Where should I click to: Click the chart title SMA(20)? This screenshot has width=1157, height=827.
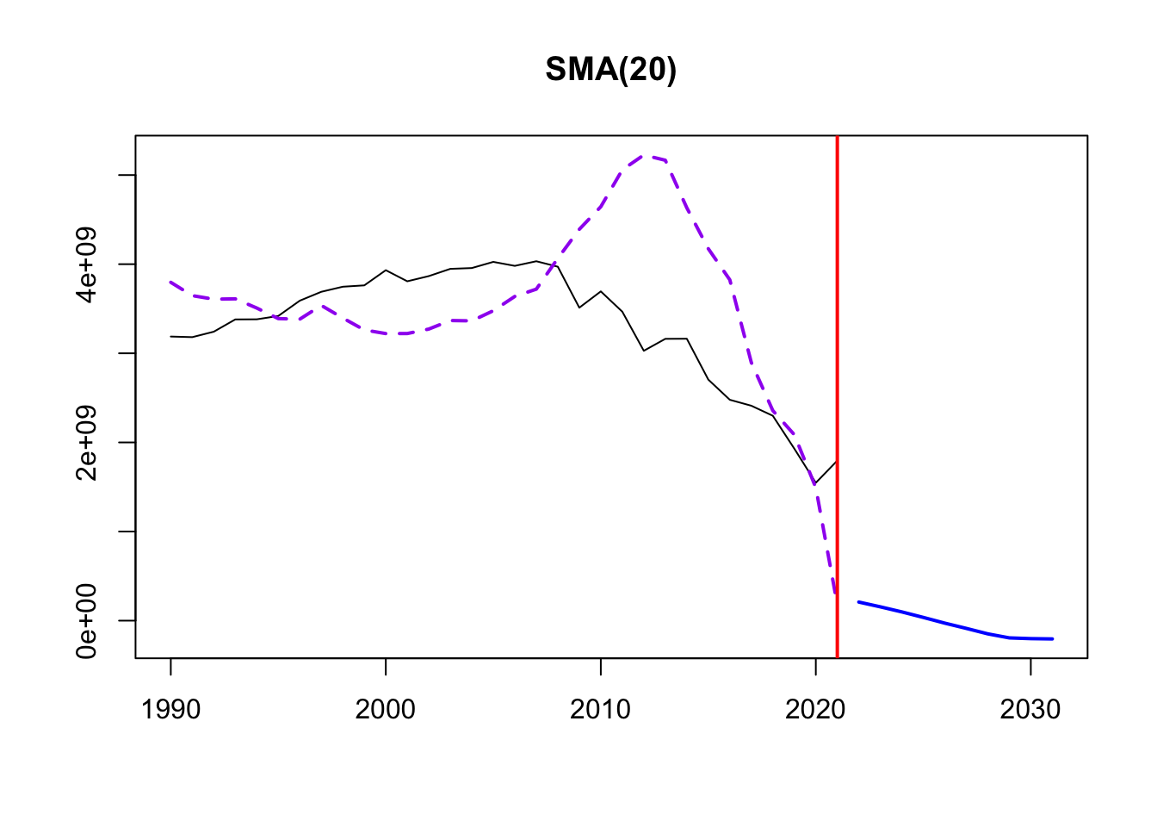(610, 70)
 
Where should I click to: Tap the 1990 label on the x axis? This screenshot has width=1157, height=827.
(170, 709)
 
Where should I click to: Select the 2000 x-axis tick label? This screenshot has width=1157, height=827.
(386, 709)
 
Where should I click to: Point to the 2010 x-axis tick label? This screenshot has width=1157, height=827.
(600, 709)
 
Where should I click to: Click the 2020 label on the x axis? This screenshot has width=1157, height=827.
(815, 709)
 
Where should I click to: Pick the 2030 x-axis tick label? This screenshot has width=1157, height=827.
(1030, 709)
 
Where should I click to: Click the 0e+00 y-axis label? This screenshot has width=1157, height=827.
(87, 620)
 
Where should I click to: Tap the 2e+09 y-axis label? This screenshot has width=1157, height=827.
(87, 442)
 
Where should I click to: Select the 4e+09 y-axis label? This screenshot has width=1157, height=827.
(87, 264)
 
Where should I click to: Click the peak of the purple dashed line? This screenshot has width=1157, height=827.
(644, 156)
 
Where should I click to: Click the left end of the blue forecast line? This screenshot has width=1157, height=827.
(858, 602)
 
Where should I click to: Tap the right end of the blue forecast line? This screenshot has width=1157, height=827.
(1052, 639)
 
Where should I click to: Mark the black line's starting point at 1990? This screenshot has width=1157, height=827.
(170, 336)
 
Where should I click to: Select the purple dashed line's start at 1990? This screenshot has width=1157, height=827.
(170, 282)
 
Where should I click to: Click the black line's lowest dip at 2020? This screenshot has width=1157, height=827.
(815, 483)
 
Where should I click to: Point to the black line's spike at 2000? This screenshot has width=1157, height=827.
(386, 270)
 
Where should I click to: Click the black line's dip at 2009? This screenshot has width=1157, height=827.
(579, 308)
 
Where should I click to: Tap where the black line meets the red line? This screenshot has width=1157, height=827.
(837, 461)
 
